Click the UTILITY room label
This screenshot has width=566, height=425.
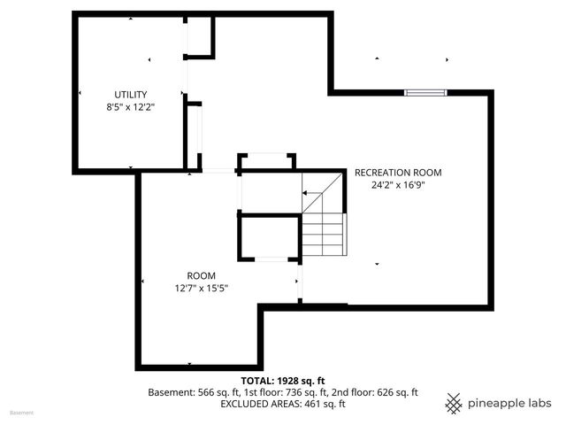click(x=130, y=94)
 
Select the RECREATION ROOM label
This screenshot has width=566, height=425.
click(x=397, y=173)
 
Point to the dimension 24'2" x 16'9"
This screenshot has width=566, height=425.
click(x=397, y=185)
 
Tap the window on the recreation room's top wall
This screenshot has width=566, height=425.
click(x=424, y=91)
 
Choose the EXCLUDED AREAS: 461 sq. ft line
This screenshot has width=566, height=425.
click(x=282, y=404)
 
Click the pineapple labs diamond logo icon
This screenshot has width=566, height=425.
click(x=454, y=403)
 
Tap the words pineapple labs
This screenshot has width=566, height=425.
click(x=510, y=403)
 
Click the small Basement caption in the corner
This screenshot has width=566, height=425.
click(x=21, y=413)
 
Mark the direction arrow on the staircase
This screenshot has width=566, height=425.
click(x=310, y=192)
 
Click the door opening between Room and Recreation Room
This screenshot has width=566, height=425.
click(x=299, y=282)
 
